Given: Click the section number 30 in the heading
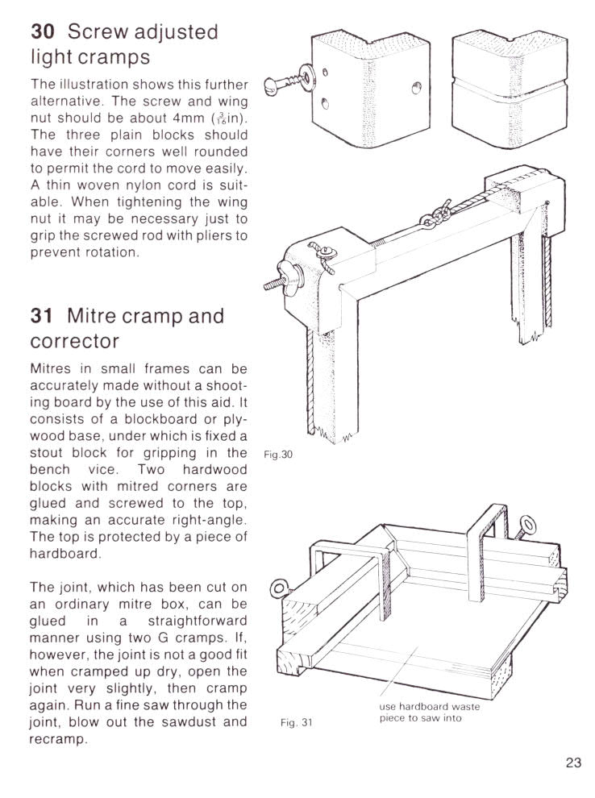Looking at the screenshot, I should (x=44, y=32).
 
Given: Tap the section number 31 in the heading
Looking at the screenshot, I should (x=43, y=315).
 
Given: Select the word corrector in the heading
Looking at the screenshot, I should (x=75, y=341).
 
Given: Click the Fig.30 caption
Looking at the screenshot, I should (x=277, y=454).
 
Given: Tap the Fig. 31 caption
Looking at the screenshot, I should (x=295, y=722).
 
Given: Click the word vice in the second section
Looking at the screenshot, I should (x=73, y=469).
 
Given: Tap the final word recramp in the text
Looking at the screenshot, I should (x=57, y=738).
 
